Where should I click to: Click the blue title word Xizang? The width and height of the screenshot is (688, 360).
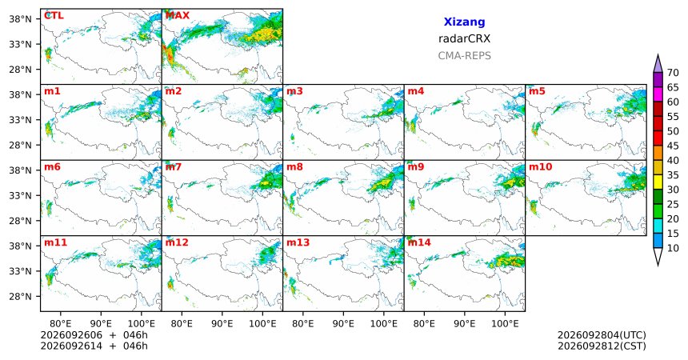tap(464, 22)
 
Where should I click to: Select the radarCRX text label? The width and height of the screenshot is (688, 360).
tap(464, 38)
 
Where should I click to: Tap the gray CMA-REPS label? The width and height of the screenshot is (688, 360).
tap(464, 56)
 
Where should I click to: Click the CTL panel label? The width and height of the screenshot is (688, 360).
tap(54, 15)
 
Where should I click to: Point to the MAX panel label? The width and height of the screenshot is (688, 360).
tap(178, 15)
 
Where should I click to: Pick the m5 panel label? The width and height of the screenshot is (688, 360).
tap(537, 91)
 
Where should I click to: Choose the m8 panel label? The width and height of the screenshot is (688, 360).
tap(294, 167)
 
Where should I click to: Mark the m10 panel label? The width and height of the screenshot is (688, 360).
tap(540, 167)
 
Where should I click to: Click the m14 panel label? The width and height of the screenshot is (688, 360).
tap(419, 242)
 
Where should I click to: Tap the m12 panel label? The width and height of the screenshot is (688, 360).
tap(177, 242)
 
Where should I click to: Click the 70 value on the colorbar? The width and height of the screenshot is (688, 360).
tap(673, 73)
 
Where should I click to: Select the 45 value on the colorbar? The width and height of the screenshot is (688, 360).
tap(673, 146)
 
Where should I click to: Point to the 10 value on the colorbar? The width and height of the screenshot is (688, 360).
tap(673, 248)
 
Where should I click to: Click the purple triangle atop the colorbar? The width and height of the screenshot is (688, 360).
tap(658, 65)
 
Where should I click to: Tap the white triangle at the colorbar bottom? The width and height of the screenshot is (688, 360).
tap(658, 255)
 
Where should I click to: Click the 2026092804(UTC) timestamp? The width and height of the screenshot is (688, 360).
tap(602, 335)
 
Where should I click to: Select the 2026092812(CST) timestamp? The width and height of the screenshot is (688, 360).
tap(602, 346)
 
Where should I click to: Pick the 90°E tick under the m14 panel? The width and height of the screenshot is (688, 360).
tap(465, 324)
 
